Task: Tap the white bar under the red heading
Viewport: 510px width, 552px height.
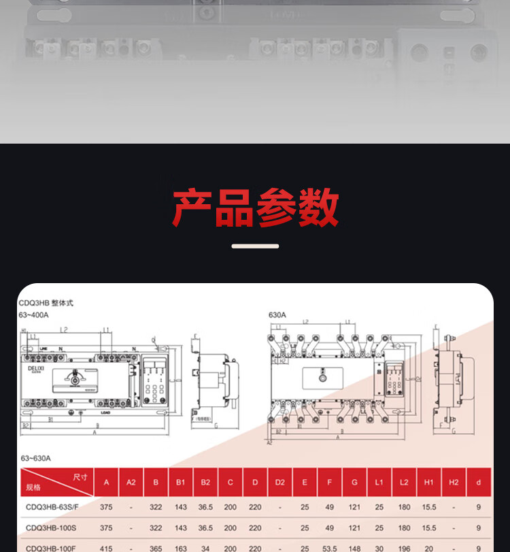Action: click(x=255, y=246)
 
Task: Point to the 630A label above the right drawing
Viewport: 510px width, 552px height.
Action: click(x=277, y=315)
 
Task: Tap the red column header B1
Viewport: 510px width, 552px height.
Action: click(x=181, y=483)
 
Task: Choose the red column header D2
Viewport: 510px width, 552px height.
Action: click(x=279, y=483)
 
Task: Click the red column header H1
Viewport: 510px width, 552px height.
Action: click(x=428, y=483)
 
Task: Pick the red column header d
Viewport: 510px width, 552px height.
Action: click(x=479, y=483)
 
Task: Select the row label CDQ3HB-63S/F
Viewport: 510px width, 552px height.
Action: click(x=52, y=508)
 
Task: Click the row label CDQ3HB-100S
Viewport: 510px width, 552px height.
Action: click(x=50, y=528)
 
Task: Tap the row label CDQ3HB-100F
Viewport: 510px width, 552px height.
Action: click(x=50, y=547)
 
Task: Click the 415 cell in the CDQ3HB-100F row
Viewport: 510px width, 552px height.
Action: click(x=106, y=547)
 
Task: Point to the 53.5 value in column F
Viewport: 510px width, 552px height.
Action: click(x=329, y=547)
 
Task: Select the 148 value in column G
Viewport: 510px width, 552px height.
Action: click(x=354, y=547)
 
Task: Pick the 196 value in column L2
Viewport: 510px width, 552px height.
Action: click(x=404, y=547)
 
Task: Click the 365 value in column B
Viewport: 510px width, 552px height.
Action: click(x=156, y=547)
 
